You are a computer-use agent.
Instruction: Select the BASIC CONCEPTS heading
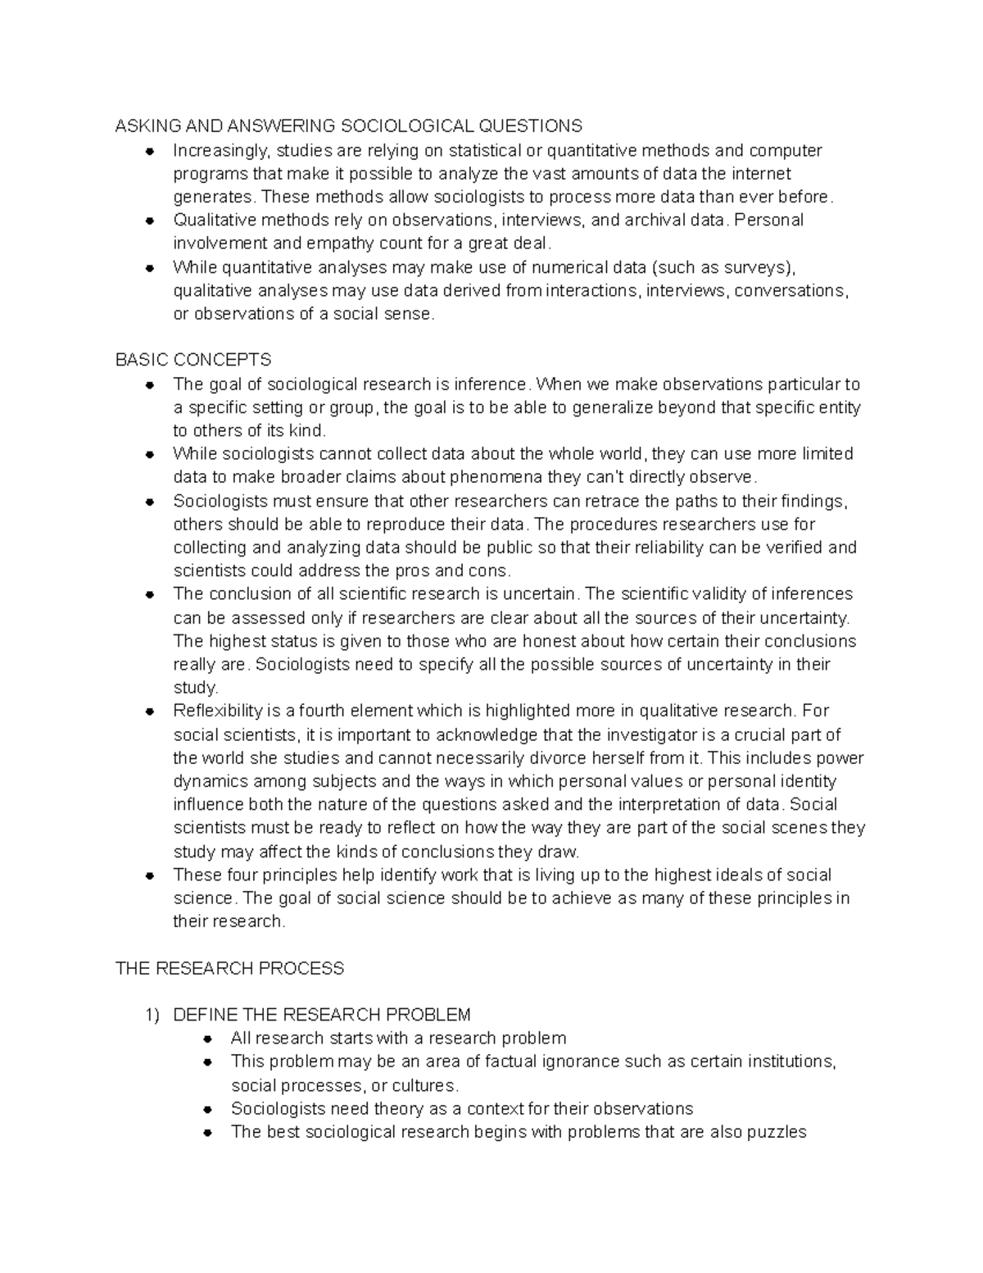point(193,360)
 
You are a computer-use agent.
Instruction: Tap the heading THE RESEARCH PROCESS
point(229,969)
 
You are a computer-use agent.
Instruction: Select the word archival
point(655,220)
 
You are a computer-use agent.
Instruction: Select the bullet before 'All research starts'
point(208,1039)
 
